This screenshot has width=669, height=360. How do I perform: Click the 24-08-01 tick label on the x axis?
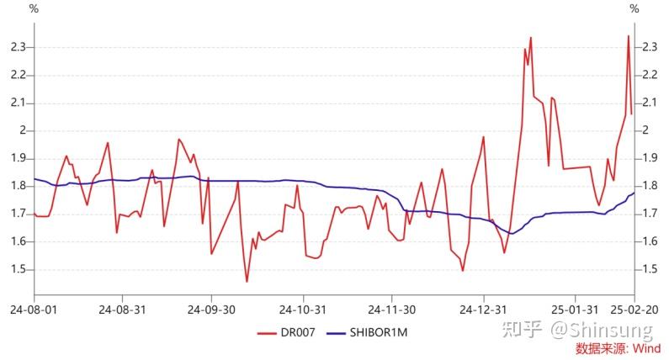[34, 310]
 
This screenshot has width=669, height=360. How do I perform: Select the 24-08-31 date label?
[123, 310]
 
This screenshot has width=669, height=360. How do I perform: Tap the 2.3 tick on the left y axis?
[19, 47]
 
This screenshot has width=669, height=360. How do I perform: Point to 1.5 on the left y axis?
[19, 270]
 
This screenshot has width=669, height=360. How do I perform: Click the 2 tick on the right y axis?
[645, 130]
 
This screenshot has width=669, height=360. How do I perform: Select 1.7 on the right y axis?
[649, 214]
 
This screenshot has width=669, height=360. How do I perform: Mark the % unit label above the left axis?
[34, 8]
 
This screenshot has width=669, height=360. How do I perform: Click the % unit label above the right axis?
[634, 8]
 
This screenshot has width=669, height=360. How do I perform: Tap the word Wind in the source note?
[647, 348]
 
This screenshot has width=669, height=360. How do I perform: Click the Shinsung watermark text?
[606, 331]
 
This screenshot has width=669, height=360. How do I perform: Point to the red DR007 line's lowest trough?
[247, 282]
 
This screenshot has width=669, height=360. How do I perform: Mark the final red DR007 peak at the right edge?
[628, 35]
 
